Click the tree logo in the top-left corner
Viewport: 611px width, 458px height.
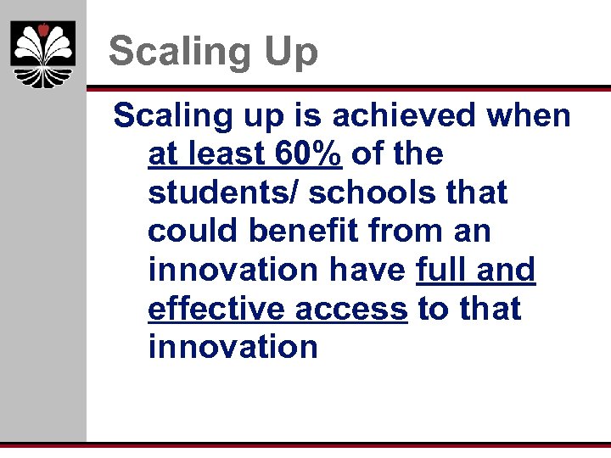(43, 54)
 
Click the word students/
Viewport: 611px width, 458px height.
(221, 193)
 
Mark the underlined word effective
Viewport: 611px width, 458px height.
(217, 309)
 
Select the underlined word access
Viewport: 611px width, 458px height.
(352, 309)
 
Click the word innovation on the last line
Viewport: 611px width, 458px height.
(233, 347)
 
